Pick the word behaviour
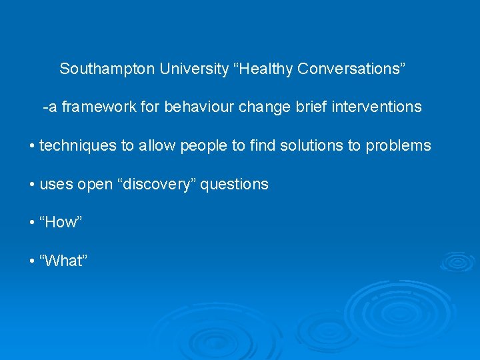(199, 107)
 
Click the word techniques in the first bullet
(78, 145)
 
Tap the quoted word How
(61, 223)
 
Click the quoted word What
(64, 261)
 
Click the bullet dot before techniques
(33, 146)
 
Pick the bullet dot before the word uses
(33, 185)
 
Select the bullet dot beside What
(33, 261)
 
